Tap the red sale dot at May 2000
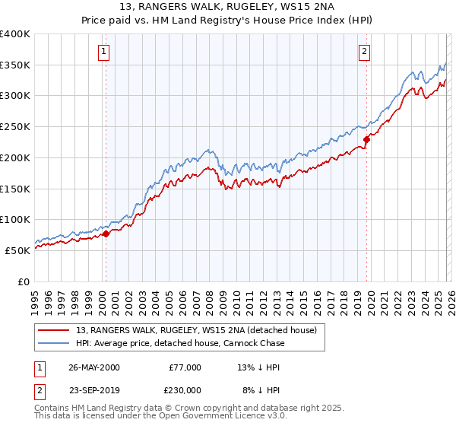tap(106, 234)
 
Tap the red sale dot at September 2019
tap(366, 139)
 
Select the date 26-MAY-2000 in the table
tap(93, 367)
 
